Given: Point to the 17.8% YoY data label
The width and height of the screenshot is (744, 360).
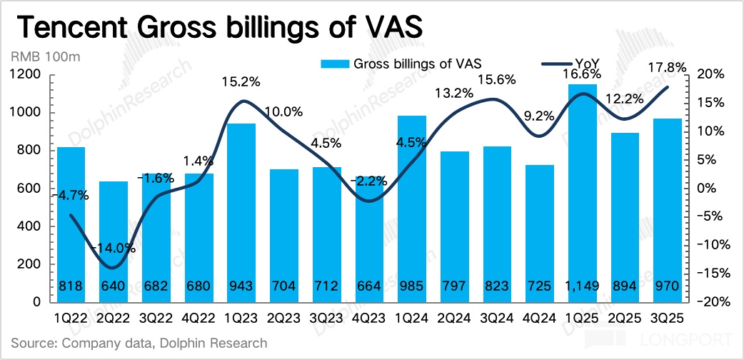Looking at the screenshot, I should coord(668,68).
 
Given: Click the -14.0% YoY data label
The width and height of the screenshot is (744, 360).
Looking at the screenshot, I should coord(114,249).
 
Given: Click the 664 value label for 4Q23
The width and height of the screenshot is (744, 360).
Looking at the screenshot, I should coord(371,288).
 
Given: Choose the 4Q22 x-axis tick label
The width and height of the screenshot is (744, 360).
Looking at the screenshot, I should coord(200,315).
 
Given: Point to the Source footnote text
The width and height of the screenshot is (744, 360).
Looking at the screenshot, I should coord(139,344).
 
